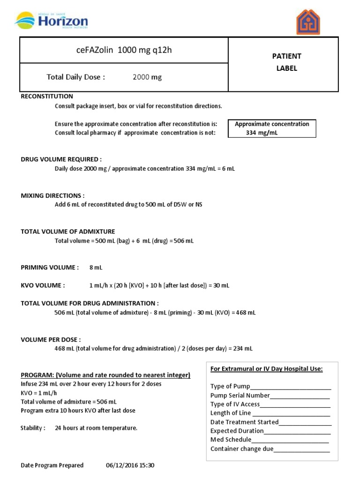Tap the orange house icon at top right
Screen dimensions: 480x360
308,22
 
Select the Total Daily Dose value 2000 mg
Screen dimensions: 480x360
147,77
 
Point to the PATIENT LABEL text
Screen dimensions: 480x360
287,62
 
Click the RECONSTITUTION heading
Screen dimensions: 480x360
47,96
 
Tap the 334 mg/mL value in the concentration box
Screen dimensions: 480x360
262,133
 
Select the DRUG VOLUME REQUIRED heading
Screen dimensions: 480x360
61,159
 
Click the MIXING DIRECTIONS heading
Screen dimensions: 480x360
53,195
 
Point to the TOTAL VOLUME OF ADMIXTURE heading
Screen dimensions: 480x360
68,232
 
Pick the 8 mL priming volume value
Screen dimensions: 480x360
96,268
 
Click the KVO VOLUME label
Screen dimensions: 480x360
43,285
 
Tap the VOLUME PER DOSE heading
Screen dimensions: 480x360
51,339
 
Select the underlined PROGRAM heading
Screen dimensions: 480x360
105,375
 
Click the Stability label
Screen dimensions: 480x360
33,428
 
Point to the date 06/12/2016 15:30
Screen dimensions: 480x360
130,465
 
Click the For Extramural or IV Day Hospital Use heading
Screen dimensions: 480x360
266,369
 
